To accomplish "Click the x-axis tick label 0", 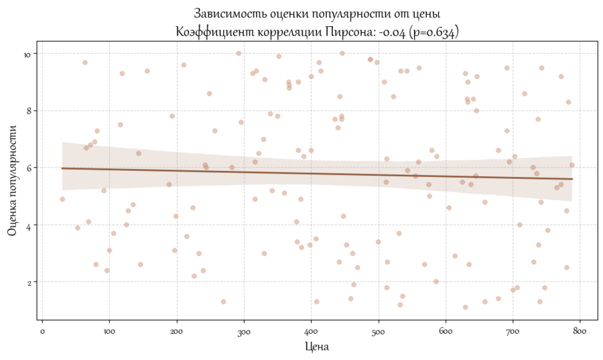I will point(42,331).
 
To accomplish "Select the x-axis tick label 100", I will point(109,331).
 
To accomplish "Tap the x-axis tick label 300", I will point(244,331).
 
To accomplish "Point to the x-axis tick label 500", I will point(379,331).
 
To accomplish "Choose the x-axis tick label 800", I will point(580,331).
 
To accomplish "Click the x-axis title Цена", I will point(316,347).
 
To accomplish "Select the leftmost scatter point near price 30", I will point(62,199).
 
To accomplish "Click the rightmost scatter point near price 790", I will point(572,165).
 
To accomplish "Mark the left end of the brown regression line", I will point(62,168).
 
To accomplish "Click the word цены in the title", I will point(427,13).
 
